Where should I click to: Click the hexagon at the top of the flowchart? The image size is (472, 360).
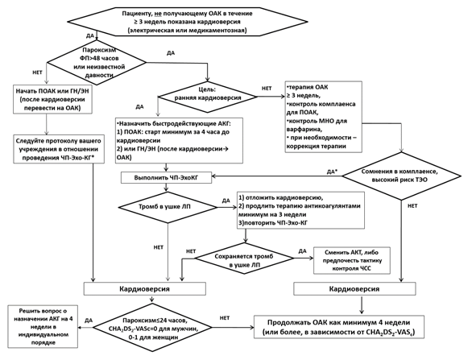[187, 22]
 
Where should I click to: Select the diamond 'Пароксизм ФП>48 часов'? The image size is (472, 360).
[97, 62]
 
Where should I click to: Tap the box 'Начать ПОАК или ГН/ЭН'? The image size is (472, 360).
[52, 99]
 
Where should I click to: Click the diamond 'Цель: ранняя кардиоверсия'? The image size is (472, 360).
[207, 97]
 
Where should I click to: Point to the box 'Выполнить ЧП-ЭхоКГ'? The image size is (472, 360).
[166, 178]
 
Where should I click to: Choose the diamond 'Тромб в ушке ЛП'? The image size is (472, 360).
[168, 207]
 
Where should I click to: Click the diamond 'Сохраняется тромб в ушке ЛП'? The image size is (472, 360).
[244, 259]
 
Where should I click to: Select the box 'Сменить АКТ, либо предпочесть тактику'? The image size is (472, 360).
[352, 260]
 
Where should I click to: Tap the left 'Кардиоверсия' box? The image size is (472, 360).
[144, 288]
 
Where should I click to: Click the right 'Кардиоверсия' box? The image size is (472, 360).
[354, 288]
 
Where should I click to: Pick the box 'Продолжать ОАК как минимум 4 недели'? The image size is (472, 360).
[338, 327]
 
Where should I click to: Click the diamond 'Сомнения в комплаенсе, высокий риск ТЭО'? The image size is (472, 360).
[401, 176]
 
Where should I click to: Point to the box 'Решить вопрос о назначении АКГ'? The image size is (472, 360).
[43, 327]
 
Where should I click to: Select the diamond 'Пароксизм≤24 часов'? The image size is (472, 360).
[153, 329]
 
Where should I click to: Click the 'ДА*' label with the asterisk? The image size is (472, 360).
[332, 172]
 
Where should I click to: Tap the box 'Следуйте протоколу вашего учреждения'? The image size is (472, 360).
[59, 149]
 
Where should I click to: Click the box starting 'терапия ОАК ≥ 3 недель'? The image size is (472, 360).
[323, 117]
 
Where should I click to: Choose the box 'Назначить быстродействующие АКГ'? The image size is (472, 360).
[179, 140]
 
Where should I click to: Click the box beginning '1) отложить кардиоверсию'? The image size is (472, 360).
[300, 210]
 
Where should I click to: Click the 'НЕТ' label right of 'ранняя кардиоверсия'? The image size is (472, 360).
[267, 89]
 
